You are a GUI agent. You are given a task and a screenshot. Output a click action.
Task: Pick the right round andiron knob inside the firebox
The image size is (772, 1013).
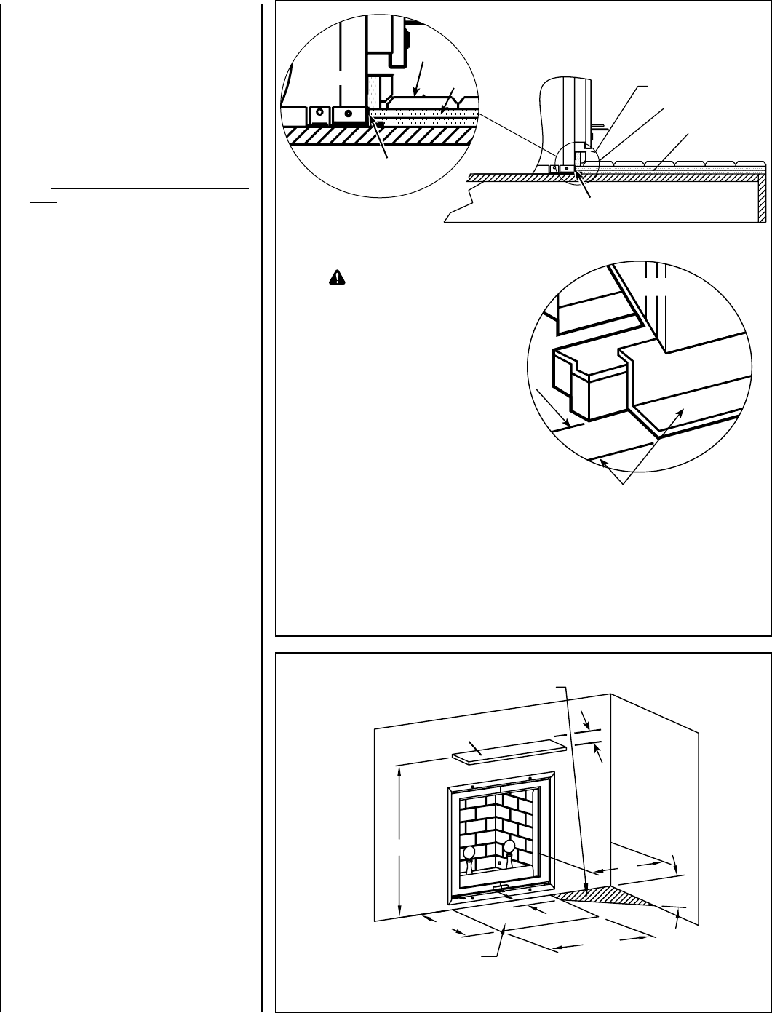[509, 846]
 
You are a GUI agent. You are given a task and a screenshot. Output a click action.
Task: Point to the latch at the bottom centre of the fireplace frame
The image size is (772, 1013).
[500, 888]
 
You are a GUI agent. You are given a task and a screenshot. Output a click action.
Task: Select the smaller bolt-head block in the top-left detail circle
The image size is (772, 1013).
[317, 114]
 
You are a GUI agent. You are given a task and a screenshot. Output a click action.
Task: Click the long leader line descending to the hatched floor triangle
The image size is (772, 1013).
[574, 786]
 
